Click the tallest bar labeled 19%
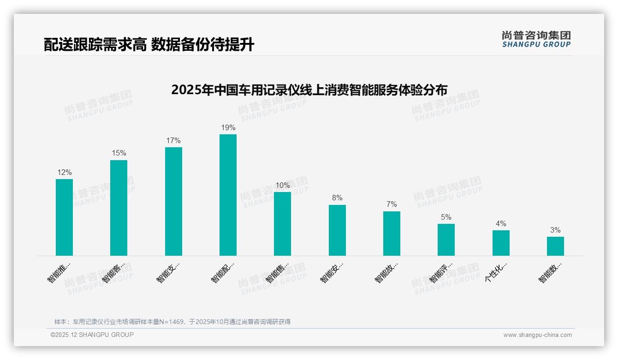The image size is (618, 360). click(228, 195)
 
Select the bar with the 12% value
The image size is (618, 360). click(64, 217)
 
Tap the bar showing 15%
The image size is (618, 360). click(119, 208)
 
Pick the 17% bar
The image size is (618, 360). click(173, 201)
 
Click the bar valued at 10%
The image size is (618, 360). click(282, 223)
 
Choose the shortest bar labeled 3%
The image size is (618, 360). click(555, 246)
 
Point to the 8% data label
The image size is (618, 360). click(337, 198)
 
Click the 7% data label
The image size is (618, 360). click(392, 204)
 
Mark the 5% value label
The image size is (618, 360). click(446, 217)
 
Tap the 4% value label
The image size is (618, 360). click(501, 224)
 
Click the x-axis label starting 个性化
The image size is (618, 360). click(496, 272)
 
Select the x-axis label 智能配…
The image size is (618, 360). click(223, 273)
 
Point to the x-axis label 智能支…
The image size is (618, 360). click(168, 273)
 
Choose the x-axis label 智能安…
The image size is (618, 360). click(332, 273)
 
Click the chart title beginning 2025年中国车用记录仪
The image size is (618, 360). click(309, 90)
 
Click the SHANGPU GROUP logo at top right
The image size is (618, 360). click(536, 39)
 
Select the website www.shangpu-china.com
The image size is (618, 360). click(537, 335)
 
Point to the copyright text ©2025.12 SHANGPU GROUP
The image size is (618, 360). click(92, 335)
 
